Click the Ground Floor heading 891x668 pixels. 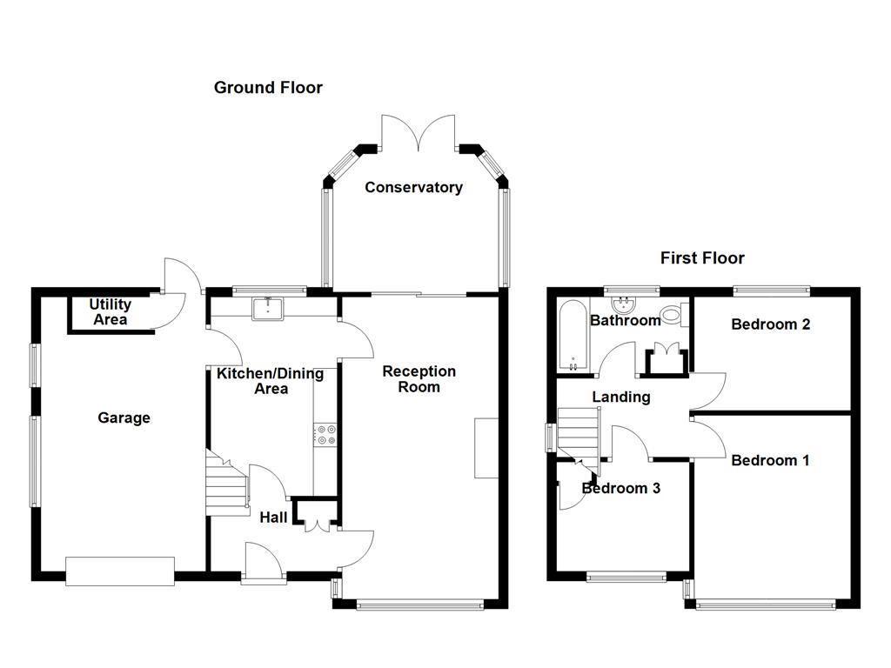point(268,88)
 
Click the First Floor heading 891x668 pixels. point(702,258)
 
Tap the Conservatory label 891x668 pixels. point(413,188)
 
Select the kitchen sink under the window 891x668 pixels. point(268,308)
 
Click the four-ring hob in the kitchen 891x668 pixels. point(326,435)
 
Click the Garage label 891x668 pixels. point(124,418)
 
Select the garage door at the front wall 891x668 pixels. point(120,571)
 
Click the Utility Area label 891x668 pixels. point(111,312)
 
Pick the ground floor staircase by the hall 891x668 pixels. point(227,483)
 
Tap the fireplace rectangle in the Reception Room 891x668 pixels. point(486,448)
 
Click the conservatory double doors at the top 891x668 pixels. point(419,133)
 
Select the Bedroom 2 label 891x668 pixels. point(771,324)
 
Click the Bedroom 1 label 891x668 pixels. point(770,460)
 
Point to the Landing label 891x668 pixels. point(621,397)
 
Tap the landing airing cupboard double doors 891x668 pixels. point(666,359)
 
